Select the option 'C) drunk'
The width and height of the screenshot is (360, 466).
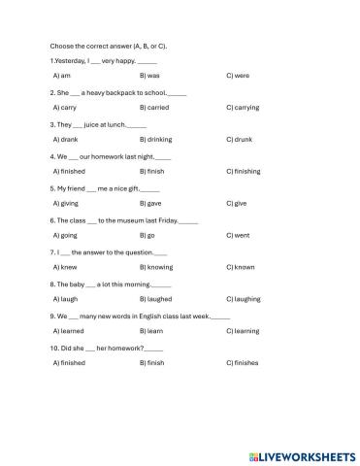(240, 139)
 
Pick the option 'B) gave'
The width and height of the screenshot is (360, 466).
(150, 203)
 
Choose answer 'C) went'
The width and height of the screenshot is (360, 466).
(238, 235)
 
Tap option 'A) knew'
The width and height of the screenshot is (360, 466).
(64, 266)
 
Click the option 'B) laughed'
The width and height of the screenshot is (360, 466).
(155, 298)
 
